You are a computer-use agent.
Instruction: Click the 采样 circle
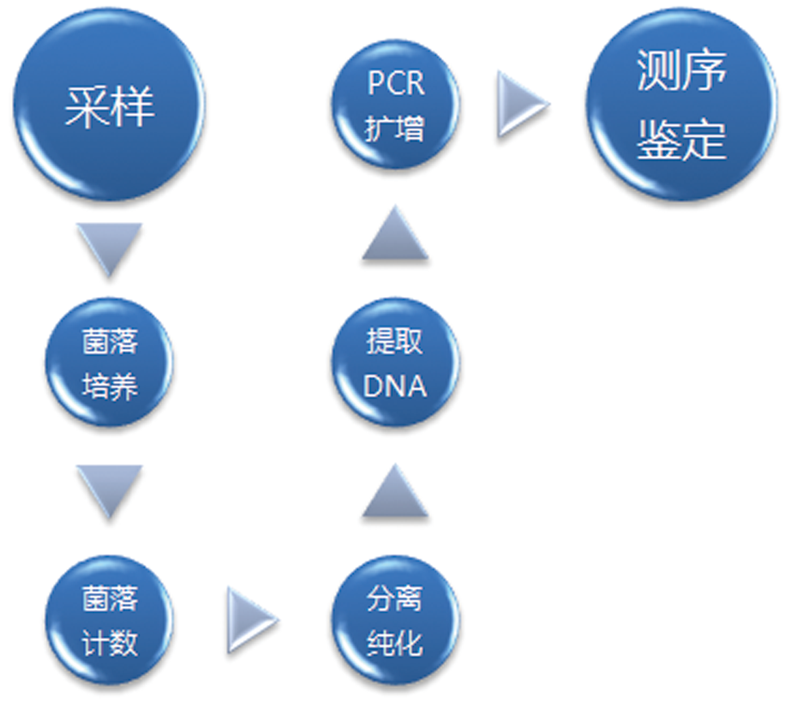[x=109, y=106]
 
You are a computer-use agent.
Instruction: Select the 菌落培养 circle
[x=109, y=363]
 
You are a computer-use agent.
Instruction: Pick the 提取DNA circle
[x=395, y=363]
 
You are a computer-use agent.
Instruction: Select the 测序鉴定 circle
[x=681, y=106]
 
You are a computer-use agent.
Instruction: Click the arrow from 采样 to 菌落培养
[x=109, y=248]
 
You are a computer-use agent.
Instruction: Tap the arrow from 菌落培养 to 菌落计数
[x=109, y=490]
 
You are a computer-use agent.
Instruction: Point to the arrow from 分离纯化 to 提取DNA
[x=395, y=490]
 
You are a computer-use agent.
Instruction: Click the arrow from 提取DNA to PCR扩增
[x=395, y=233]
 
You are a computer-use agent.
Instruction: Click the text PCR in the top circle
[x=395, y=85]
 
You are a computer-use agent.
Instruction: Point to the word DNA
[x=395, y=386]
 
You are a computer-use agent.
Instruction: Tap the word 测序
[x=681, y=75]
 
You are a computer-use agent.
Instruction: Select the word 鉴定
[x=681, y=139]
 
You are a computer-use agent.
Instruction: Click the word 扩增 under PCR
[x=395, y=129]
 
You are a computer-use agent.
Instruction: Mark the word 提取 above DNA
[x=395, y=342]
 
